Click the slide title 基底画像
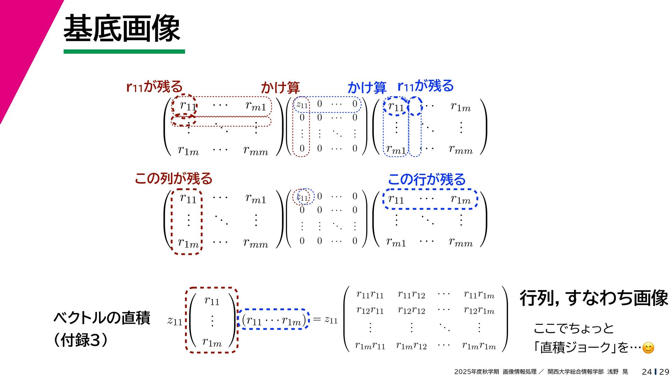(x=121, y=29)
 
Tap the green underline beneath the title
(x=124, y=51)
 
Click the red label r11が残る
(x=154, y=86)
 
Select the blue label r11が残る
(x=426, y=86)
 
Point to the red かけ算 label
(x=280, y=87)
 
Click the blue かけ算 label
(x=366, y=87)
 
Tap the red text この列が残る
(x=174, y=178)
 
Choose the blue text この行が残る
(x=427, y=180)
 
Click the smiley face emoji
(x=648, y=348)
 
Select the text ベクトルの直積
(x=102, y=318)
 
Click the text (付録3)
(x=80, y=340)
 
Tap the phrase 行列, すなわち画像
(x=594, y=298)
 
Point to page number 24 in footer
(x=647, y=372)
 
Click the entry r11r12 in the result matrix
(x=411, y=295)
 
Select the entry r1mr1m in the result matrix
(x=479, y=346)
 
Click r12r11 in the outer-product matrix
(x=370, y=310)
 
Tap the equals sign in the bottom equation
(x=317, y=319)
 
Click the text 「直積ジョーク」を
(x=581, y=348)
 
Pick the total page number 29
(x=664, y=372)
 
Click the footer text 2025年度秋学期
(x=476, y=372)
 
